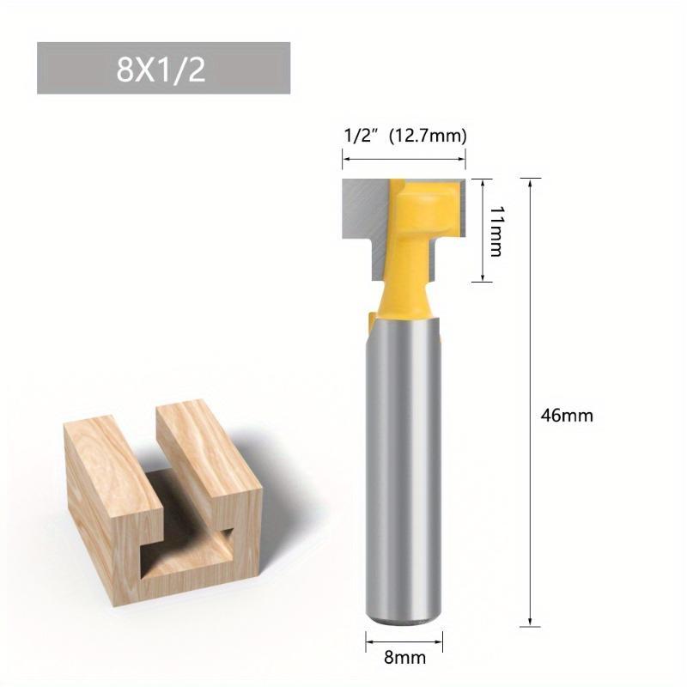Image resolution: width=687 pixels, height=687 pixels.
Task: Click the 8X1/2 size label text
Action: [x=161, y=70]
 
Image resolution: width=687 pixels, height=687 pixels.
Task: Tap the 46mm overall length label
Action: [x=567, y=415]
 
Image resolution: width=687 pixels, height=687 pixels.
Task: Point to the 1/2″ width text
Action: [x=361, y=135]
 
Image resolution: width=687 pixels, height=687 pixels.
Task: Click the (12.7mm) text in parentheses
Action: [x=428, y=135]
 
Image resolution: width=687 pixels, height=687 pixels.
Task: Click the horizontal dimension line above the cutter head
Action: [x=404, y=157]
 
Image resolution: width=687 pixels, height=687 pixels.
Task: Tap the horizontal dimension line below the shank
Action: [x=405, y=640]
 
